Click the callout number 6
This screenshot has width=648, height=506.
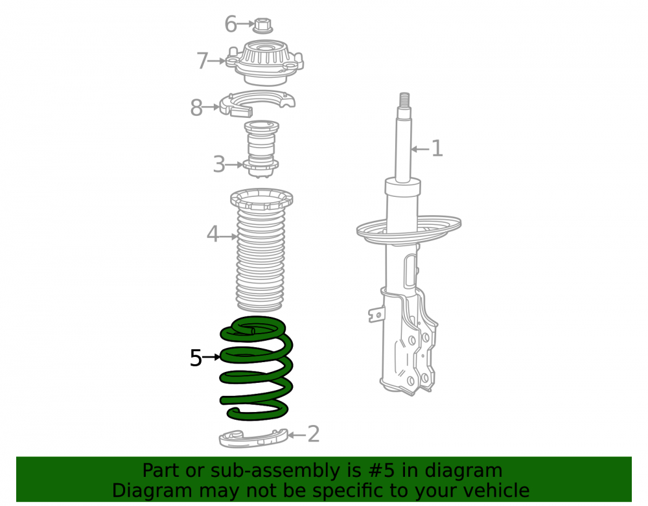click(231, 24)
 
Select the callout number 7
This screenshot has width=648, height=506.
click(202, 61)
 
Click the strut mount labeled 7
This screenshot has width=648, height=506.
click(265, 62)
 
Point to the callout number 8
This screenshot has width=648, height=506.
click(196, 108)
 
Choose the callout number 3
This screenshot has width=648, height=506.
click(218, 165)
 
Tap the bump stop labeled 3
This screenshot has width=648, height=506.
click(261, 149)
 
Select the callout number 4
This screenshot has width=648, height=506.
click(213, 234)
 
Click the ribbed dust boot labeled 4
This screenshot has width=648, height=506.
click(260, 250)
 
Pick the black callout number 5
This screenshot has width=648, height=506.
click(196, 358)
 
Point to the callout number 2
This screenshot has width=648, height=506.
click(314, 435)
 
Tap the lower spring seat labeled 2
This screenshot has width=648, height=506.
click(253, 439)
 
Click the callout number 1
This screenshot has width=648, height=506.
click(437, 148)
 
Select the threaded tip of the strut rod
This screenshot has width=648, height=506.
click(404, 99)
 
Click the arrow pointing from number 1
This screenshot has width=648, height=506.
click(421, 149)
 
